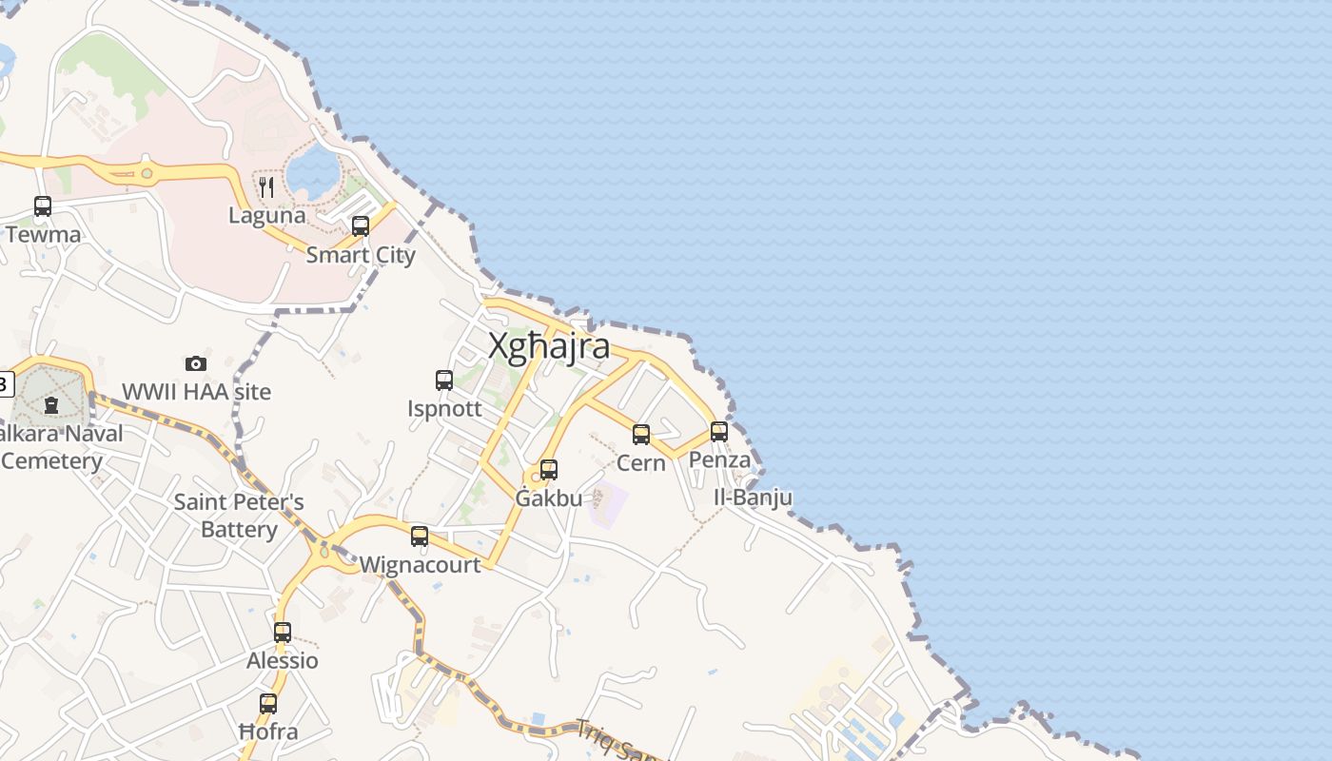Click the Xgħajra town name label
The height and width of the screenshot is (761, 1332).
click(x=549, y=346)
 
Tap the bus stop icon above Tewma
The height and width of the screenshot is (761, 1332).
click(x=43, y=206)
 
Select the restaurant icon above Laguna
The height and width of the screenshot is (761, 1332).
click(x=267, y=186)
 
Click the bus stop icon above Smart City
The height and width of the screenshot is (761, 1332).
click(x=361, y=226)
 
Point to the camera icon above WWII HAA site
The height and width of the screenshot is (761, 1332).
click(x=196, y=363)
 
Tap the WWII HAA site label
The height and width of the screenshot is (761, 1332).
click(x=196, y=392)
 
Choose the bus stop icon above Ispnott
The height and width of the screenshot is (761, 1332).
click(x=444, y=380)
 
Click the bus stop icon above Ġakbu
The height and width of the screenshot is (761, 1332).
click(x=549, y=470)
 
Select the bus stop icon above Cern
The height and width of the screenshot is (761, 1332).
click(x=641, y=435)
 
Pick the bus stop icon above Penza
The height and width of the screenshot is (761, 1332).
click(x=719, y=432)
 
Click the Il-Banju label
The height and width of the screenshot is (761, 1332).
click(x=753, y=498)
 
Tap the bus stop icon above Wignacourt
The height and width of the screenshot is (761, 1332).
click(x=420, y=537)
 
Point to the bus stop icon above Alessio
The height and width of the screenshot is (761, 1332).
click(x=283, y=632)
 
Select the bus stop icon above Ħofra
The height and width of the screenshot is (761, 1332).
click(x=268, y=704)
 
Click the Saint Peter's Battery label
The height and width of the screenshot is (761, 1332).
click(x=239, y=515)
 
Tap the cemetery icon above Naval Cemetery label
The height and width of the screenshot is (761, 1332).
click(x=51, y=405)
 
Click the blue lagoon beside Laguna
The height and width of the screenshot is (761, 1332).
click(x=313, y=173)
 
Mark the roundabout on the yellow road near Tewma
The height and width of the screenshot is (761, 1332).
click(x=146, y=173)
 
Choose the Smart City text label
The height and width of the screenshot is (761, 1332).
click(x=361, y=255)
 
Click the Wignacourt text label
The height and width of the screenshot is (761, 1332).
click(x=420, y=565)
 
